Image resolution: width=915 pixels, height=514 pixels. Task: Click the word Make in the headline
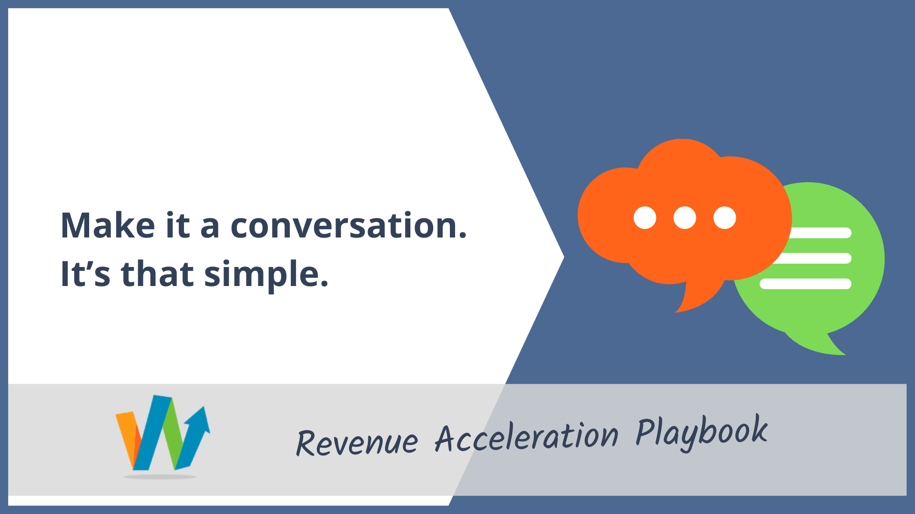pos(108,225)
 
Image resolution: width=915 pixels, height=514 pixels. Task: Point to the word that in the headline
pos(157,274)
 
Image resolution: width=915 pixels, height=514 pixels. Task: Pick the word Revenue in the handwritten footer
pos(356,442)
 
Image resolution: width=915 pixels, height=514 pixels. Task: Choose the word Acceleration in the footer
pos(527,437)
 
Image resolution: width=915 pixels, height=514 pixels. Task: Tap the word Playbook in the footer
pos(701,432)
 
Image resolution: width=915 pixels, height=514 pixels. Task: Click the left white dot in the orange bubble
pos(645,218)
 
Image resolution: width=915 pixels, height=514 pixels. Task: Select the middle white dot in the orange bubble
pos(685,218)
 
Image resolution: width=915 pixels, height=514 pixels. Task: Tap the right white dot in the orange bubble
pos(725,218)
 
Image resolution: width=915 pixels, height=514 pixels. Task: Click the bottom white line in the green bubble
pos(805,284)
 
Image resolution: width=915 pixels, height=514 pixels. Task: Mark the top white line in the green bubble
pos(820,233)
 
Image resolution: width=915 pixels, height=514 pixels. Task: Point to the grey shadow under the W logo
pos(160,476)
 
